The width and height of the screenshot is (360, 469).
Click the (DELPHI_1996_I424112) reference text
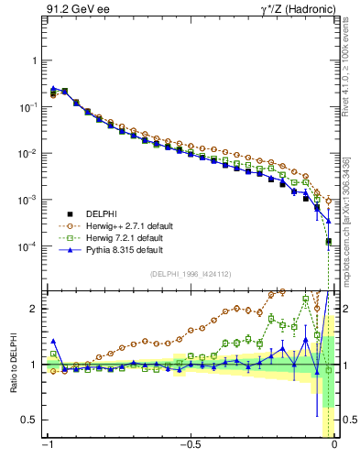point(191,274)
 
